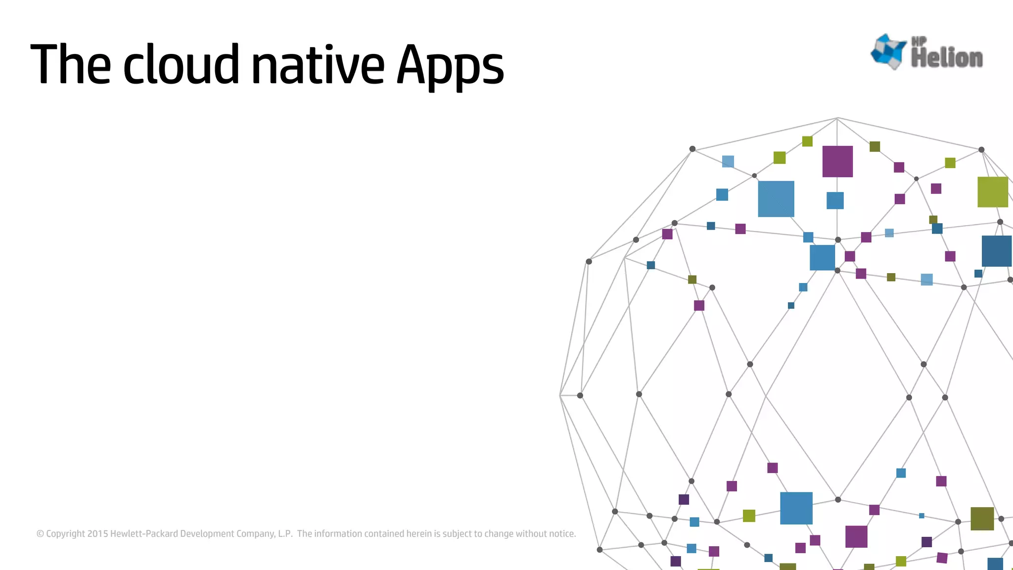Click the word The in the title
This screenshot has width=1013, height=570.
click(71, 64)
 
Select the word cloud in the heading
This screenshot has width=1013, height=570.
click(181, 64)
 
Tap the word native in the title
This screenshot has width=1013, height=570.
click(318, 64)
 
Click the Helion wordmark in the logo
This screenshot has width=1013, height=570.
click(947, 58)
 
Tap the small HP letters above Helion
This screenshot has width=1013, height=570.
click(919, 42)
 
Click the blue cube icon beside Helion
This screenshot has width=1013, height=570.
click(889, 50)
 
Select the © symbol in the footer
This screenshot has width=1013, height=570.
click(40, 533)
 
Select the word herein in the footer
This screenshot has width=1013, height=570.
click(419, 533)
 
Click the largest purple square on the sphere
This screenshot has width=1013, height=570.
click(837, 161)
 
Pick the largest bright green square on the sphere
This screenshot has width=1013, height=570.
click(993, 192)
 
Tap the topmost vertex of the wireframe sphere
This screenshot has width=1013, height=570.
click(837, 118)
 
